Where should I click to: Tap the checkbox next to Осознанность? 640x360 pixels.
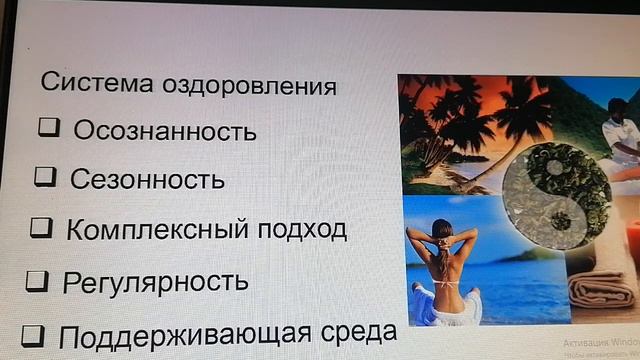(x=50, y=128)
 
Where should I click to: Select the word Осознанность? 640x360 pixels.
(x=165, y=131)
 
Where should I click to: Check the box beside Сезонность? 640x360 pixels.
(x=45, y=177)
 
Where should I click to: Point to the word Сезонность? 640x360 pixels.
(x=147, y=180)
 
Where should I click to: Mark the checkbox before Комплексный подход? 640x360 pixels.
(x=41, y=227)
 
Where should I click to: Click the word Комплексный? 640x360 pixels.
(x=146, y=230)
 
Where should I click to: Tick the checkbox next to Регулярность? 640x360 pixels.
(x=37, y=280)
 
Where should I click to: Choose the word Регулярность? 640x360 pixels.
(x=155, y=282)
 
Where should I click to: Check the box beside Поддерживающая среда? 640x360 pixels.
(x=32, y=333)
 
